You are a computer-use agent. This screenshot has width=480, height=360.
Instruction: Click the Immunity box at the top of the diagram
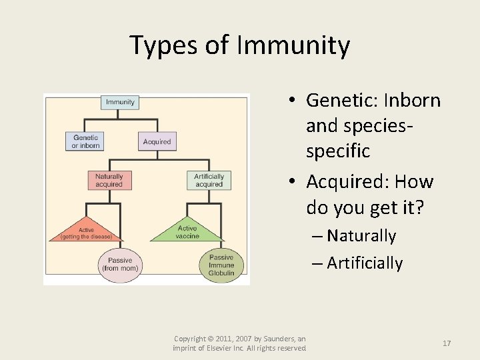pos(120,102)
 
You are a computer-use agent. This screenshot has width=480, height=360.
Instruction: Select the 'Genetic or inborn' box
pos(85,141)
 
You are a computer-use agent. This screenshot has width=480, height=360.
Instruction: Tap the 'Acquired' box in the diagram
pos(157,141)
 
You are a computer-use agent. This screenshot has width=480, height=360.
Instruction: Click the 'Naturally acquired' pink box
pos(109,180)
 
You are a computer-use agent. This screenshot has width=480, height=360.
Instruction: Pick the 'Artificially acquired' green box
pos(209,180)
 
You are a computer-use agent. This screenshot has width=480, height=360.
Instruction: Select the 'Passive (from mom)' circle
pos(120,264)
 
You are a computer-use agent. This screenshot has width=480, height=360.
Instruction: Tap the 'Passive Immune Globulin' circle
pos(221,265)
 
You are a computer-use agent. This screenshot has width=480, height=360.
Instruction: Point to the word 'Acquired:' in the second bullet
pos(349,181)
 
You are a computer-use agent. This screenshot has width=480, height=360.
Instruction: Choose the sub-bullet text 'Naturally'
pos(361,236)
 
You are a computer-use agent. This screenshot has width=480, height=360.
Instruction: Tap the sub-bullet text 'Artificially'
pos(365,263)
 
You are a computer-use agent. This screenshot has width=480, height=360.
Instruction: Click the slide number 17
pos(447,343)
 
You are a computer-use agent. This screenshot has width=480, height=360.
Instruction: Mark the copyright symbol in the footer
pos(212,339)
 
